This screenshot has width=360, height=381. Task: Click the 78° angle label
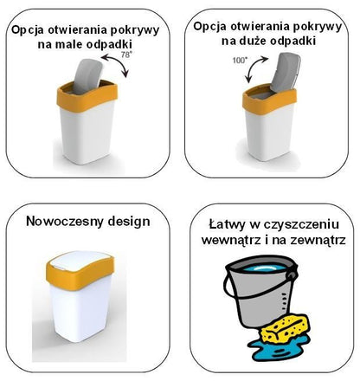pyautogui.click(x=125, y=55)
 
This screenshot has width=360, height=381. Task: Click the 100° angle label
pyautogui.click(x=240, y=61)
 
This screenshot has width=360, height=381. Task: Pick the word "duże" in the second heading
pyautogui.click(x=253, y=41)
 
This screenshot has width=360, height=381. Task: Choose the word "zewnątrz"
pyautogui.click(x=318, y=240)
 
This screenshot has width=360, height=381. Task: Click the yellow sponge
pyautogui.click(x=285, y=330)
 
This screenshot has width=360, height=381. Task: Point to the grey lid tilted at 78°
pyautogui.click(x=87, y=75)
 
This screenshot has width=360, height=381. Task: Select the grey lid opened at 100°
pyautogui.click(x=285, y=70)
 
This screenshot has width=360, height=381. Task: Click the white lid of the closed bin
pyautogui.click(x=79, y=259)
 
